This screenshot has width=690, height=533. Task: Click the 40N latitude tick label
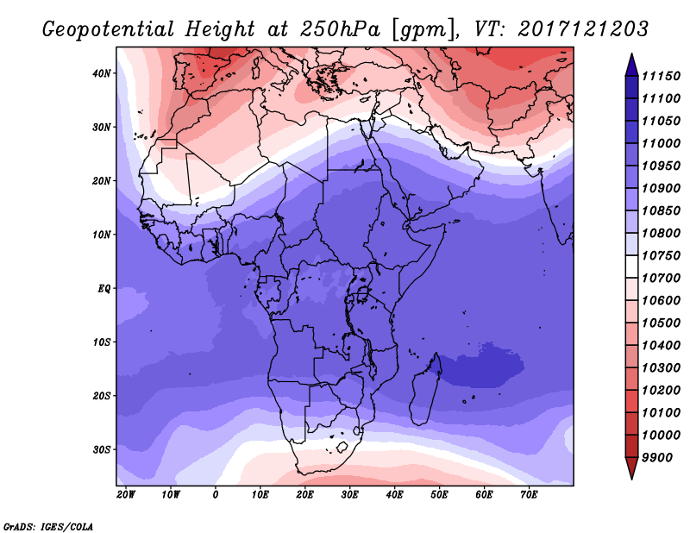101,73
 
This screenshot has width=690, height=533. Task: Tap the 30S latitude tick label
101,450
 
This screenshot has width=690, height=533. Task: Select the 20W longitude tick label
126,495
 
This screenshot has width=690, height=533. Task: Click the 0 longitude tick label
215,495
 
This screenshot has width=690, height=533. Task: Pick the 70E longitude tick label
529,495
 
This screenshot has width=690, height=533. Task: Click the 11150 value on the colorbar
661,76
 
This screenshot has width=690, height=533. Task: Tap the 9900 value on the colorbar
657,458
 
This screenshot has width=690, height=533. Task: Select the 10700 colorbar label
661,279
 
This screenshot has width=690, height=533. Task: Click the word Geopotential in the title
109,29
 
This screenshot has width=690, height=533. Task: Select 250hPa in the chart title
340,29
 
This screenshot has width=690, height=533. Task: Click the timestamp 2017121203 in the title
583,28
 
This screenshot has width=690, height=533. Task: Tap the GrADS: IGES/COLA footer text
48,527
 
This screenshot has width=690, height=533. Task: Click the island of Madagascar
426,392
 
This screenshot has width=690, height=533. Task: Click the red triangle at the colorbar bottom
631,468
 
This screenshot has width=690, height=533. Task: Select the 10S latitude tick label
101,342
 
